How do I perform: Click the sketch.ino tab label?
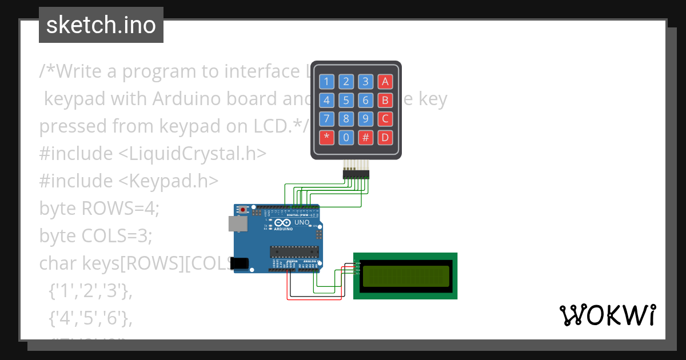101,25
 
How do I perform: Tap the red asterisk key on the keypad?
326,137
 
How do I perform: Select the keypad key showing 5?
346,101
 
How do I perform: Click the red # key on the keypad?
365,137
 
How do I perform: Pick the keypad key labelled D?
385,137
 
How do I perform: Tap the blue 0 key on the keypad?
346,137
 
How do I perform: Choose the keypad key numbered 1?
326,82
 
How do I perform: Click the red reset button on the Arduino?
243,210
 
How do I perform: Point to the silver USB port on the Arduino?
238,223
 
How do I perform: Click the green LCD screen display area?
405,275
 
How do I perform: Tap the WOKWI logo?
607,315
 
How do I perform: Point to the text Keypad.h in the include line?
168,181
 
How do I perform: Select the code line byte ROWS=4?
99,208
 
